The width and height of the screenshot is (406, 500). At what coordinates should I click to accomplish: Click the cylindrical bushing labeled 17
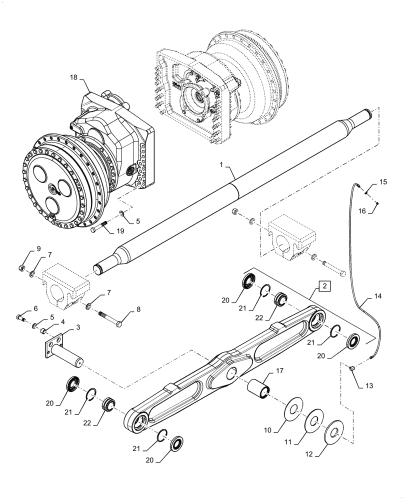[x=259, y=388]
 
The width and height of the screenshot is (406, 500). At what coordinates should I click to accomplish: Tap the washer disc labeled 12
[x=334, y=434]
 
